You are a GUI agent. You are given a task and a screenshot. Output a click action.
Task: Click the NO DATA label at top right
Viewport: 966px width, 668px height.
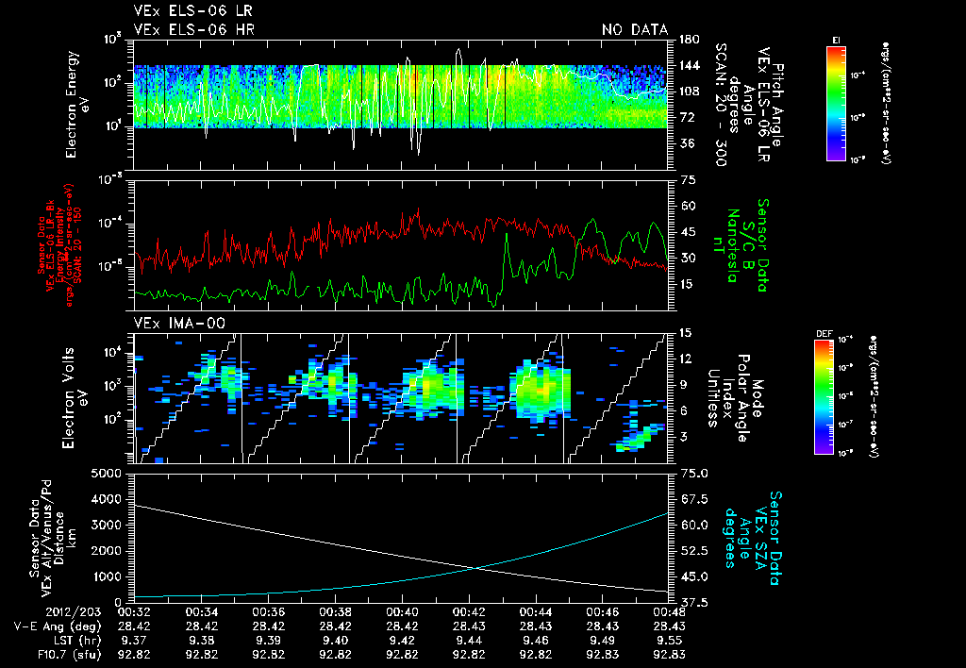(634, 29)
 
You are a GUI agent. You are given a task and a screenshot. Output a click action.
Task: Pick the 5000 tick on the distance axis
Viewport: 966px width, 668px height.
(106, 473)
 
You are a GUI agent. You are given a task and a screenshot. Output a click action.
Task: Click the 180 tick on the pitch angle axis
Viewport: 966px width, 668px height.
(688, 40)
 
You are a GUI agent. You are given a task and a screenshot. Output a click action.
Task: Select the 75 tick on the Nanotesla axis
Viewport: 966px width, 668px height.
(687, 179)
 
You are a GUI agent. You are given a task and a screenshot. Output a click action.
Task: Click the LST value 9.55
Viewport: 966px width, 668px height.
(668, 640)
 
